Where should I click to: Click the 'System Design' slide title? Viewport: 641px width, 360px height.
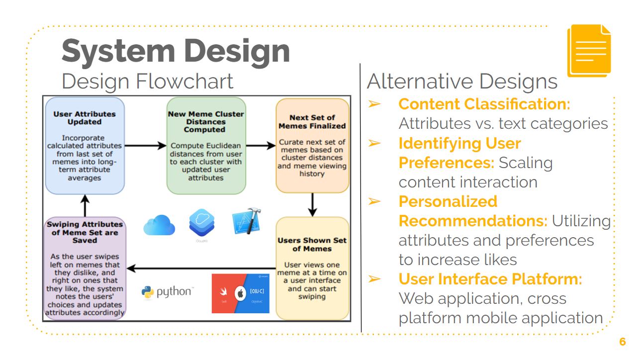point(176,51)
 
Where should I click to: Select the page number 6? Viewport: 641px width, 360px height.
point(622,342)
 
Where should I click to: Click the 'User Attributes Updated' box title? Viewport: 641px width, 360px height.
point(85,118)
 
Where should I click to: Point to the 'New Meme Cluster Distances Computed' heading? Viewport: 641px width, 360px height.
point(206,122)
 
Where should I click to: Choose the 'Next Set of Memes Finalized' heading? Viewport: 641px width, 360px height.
point(312,122)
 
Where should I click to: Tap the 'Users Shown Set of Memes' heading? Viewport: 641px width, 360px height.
point(312,244)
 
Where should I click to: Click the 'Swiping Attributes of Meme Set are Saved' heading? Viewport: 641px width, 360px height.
point(85,232)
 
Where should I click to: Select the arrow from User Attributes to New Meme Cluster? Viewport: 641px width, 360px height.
point(145,146)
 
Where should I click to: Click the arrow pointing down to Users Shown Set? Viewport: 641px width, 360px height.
point(312,204)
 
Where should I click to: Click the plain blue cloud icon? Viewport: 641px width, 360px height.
point(159,225)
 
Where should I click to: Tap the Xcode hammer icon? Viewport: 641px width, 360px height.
point(247,222)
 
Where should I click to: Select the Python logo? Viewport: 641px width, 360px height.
point(167,292)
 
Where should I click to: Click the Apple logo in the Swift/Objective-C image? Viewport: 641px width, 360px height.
point(241,293)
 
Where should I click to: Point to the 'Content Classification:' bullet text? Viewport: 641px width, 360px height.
point(484,104)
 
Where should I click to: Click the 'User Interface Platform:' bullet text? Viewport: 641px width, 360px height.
point(490,279)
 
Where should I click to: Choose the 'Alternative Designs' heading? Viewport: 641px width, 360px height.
point(462,82)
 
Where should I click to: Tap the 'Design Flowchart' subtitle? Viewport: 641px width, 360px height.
point(148,81)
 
